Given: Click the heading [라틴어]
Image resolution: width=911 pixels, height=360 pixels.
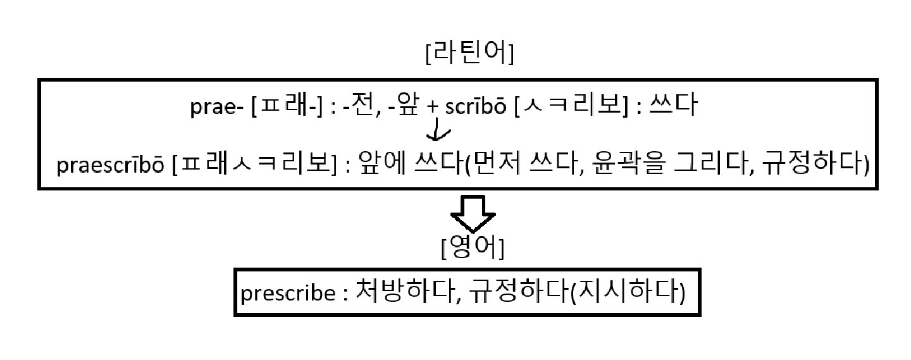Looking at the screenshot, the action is tap(469, 55).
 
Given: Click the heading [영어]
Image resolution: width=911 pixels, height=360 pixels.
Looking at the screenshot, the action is tap(472, 249).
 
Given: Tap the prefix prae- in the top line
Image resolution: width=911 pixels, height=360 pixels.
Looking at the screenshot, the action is tap(216, 108).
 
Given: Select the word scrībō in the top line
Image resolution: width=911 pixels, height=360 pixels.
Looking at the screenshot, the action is tap(474, 108).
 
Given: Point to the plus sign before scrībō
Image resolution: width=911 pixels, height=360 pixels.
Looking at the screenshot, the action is tap(432, 108).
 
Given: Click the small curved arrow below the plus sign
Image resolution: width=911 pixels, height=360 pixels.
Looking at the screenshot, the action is tap(438, 132).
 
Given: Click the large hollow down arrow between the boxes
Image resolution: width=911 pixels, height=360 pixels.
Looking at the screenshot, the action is tap(472, 214).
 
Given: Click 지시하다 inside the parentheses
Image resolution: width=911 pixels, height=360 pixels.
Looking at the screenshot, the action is tap(628, 292).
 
